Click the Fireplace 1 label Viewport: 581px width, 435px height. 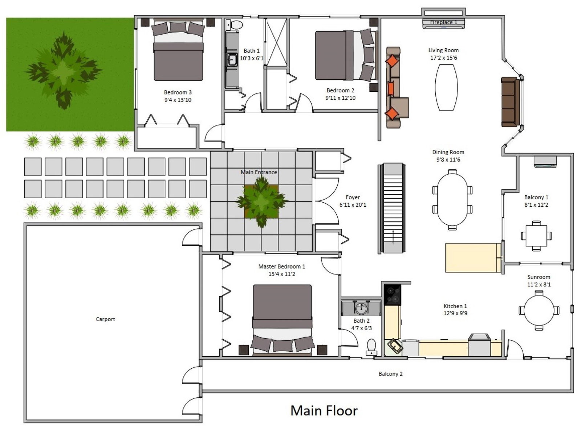[443, 22]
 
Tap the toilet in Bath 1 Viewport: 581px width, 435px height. [234, 25]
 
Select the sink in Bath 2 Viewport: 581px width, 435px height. [361, 308]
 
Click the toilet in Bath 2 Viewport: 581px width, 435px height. [371, 347]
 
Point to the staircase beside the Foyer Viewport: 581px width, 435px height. [392, 208]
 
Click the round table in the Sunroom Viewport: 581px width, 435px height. [539, 310]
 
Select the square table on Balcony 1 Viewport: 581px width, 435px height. [536, 236]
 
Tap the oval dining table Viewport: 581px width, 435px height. [452, 200]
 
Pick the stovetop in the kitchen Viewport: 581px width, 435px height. [393, 295]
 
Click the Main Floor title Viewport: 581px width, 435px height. [324, 410]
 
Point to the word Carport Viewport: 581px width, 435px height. [105, 319]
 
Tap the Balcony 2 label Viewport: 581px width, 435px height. [390, 374]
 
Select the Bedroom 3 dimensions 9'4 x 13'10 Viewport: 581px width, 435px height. [178, 100]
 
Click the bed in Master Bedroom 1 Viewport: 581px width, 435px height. [282, 320]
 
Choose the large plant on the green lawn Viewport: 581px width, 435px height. [63, 70]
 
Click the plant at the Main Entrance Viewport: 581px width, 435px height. [261, 201]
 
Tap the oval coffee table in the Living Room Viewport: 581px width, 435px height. [446, 87]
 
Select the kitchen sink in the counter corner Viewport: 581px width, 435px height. [395, 346]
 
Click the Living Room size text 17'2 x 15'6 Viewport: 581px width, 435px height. [444, 58]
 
